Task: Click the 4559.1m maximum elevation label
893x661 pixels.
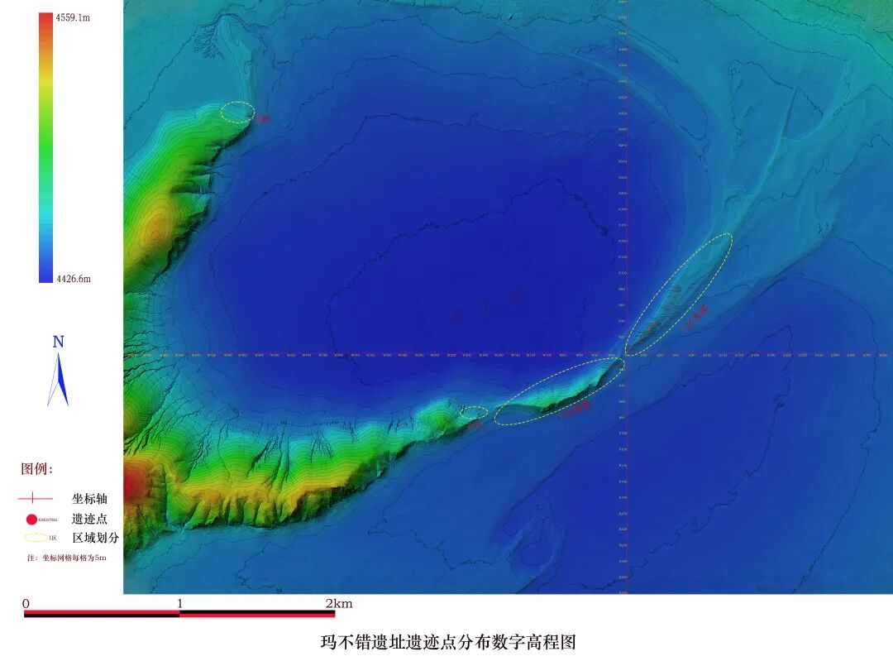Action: pos(72,17)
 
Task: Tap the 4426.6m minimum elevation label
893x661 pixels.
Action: pos(72,279)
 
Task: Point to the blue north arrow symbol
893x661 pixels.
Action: pos(58,381)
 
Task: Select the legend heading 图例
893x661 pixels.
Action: pos(36,469)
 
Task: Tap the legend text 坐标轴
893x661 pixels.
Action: pos(89,499)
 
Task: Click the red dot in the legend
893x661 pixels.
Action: pos(31,520)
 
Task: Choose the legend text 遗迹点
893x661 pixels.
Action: pos(89,520)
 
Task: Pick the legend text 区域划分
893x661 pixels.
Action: pos(95,538)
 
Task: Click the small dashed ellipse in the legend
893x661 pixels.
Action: pos(36,538)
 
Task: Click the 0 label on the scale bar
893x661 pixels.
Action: pos(26,604)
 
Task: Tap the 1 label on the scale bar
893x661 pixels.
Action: pos(179,604)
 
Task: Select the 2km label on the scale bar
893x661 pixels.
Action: pos(339,604)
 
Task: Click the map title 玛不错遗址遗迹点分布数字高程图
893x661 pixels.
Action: pos(447,642)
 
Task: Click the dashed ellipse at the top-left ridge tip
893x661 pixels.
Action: pos(237,113)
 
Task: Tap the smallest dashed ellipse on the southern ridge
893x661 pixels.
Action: pos(474,411)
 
